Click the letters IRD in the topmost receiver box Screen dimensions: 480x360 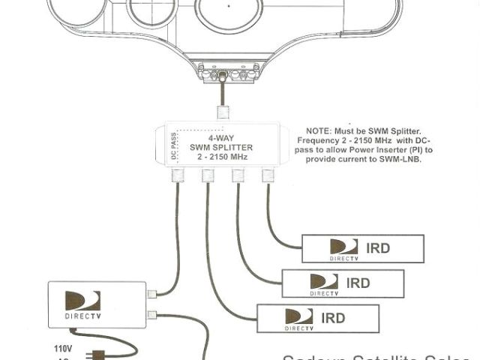pyautogui.click(x=378, y=247)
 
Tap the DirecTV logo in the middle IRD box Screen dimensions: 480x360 pyautogui.click(x=324, y=283)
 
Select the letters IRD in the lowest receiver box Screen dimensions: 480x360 pyautogui.click(x=333, y=318)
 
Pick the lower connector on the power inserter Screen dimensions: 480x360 pyautogui.click(x=153, y=314)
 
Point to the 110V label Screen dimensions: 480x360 pyautogui.click(x=64, y=348)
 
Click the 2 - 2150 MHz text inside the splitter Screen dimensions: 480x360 pyautogui.click(x=220, y=157)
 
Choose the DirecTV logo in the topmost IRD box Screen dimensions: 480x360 pyautogui.click(x=343, y=248)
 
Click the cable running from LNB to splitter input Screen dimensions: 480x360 pyautogui.click(x=222, y=94)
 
